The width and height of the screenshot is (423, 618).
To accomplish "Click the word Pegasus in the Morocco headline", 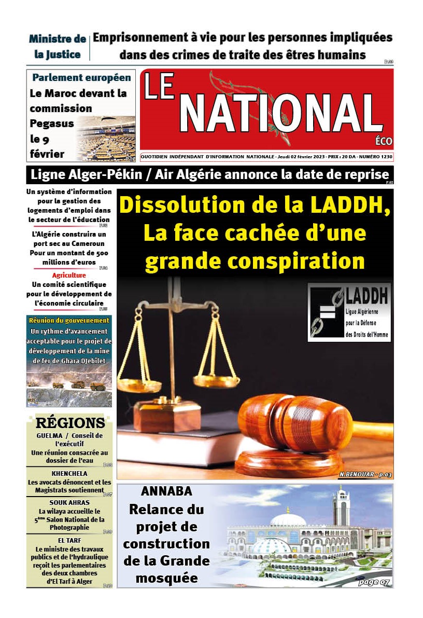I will [52, 123].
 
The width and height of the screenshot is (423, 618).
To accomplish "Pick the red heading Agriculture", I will [69, 276].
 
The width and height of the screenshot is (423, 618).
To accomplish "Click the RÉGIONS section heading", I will [70, 423].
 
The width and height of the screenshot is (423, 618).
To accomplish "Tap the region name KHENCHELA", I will [69, 474].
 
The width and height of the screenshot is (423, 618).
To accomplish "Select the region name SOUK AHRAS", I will [69, 503].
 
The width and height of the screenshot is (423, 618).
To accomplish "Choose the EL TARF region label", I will [69, 540].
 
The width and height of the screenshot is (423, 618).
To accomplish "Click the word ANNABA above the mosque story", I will [166, 491].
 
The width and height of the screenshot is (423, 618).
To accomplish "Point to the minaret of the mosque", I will [341, 506].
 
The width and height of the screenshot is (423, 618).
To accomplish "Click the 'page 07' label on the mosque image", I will [373, 582].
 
